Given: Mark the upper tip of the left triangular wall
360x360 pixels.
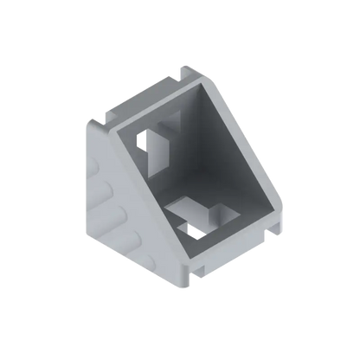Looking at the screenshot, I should (x=89, y=121).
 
